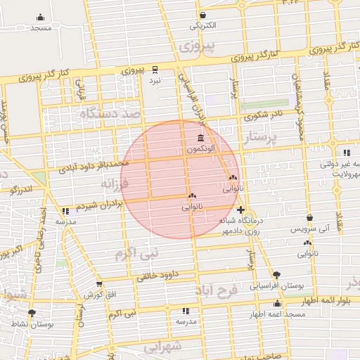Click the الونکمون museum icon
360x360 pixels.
coord(202,138)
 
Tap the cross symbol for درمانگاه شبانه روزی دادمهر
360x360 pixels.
coord(241,210)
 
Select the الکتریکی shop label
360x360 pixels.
coord(202,26)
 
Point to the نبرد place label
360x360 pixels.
coord(155,79)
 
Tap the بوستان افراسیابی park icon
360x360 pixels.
coord(276,275)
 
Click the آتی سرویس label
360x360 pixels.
coord(309,229)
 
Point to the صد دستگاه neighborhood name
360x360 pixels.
coord(111,113)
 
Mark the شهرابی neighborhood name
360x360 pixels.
coord(161,347)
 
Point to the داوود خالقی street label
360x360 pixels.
coord(161,274)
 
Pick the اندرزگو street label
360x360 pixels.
coord(20,188)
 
